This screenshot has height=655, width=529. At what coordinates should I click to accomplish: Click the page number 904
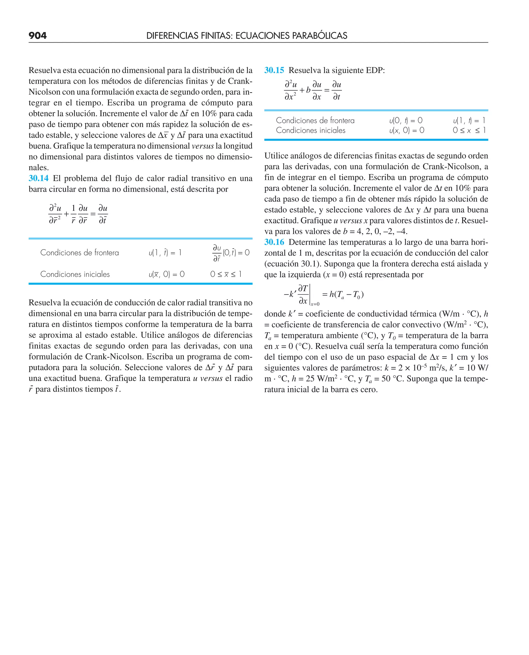[37, 36]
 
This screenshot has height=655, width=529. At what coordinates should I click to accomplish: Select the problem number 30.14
[38, 178]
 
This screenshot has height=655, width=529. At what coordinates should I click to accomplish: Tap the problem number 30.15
[274, 70]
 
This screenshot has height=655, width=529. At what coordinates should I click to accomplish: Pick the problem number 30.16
[274, 242]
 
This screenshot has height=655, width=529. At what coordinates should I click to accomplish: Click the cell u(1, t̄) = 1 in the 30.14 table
[165, 253]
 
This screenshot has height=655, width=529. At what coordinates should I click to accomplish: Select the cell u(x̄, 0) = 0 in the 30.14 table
[166, 274]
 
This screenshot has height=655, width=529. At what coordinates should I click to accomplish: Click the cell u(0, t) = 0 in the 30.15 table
[406, 121]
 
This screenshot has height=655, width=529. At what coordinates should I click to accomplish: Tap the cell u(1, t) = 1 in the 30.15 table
[469, 121]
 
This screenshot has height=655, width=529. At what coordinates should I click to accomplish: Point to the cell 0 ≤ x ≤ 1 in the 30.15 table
[469, 130]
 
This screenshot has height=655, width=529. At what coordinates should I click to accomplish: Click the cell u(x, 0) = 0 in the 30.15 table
[407, 130]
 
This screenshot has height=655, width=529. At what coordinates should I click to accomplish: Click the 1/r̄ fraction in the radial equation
[73, 214]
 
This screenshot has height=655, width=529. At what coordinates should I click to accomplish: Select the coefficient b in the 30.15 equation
[308, 90]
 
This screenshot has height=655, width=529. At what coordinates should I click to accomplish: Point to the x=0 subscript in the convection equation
[315, 304]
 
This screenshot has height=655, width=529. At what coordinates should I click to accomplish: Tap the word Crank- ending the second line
[240, 81]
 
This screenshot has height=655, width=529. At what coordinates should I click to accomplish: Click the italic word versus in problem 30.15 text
[351, 221]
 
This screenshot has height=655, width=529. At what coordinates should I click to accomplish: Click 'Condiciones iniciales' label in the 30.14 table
[75, 274]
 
